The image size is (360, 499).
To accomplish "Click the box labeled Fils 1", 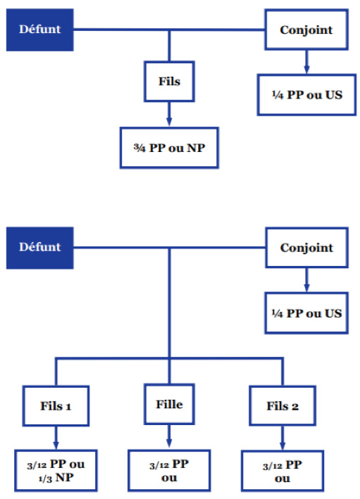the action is coord(56,406).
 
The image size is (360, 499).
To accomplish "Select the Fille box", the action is coord(169,404).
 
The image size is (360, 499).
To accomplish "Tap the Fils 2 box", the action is coord(283,406).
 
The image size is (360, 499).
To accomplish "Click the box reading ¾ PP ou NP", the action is coord(169,148).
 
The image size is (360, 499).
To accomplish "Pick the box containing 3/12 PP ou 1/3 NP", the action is coord(56,470).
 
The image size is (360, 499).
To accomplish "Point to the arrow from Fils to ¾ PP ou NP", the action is coord(169,114).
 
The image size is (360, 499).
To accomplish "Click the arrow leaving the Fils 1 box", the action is coord(56,438).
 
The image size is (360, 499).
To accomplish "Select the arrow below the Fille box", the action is coord(169,436).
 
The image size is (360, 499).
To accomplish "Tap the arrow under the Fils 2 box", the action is coord(283,438).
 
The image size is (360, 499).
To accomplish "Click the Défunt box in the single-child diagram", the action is coord(40,30).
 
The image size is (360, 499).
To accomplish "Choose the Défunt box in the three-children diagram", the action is coord(40,248).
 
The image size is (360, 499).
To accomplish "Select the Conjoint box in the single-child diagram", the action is coord(306,30).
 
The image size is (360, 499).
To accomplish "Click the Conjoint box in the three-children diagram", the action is coord(306,248).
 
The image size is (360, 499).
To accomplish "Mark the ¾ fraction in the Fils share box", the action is coord(139,148).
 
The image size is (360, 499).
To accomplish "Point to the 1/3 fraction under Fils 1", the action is coord(44,479).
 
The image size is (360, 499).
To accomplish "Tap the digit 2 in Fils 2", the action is coord(295,407).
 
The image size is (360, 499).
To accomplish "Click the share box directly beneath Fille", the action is coord(169,471).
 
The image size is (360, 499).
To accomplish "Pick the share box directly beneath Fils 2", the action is coord(283,472).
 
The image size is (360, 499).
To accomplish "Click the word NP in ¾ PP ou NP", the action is coord(196,148).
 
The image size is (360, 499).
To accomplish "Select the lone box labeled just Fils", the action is coord(169,82).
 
